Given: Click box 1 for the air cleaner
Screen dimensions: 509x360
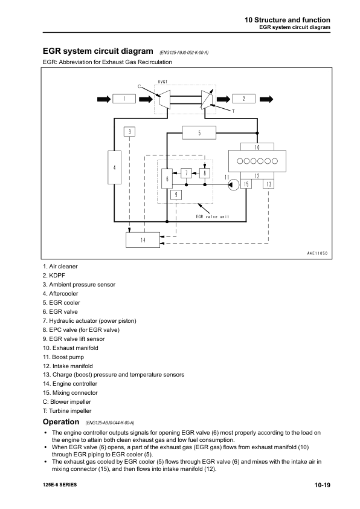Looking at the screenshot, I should pos(124,99).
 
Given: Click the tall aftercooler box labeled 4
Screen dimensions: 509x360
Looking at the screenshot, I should pos(115,166).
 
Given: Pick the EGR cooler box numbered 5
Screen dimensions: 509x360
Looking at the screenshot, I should pos(199,132).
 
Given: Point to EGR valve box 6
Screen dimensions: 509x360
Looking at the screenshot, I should pos(167,179).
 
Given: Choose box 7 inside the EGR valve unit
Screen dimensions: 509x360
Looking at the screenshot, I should pos(187,173).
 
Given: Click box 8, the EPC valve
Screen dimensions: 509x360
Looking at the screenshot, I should pos(205,173).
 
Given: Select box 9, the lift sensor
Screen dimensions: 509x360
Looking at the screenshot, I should pos(175,194).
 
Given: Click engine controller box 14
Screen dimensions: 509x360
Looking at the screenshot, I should pos(143,240).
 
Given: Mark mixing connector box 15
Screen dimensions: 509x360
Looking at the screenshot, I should pos(247,184).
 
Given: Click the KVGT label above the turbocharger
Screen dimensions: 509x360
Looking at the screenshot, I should pos(162,82).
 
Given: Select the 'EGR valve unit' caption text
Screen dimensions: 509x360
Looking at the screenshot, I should pos(213,216).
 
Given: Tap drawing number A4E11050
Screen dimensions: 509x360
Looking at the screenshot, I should pos(314,253).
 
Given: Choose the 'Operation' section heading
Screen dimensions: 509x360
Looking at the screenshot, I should pos(61,421).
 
